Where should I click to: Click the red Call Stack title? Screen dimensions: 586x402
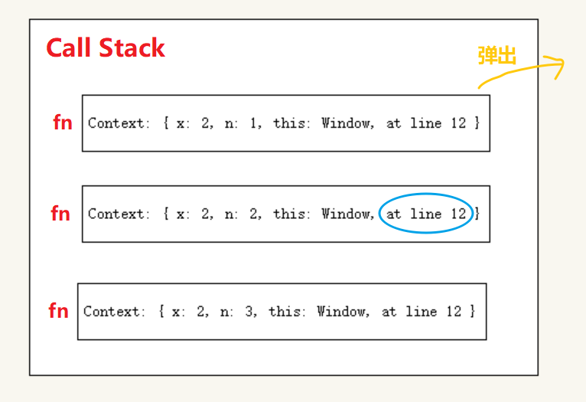[106, 48]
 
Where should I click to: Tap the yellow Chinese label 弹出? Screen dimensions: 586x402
[497, 55]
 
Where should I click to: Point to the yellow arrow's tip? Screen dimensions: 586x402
[563, 63]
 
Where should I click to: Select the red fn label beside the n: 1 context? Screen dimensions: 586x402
[63, 123]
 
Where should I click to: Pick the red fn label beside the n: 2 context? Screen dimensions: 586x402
[60, 214]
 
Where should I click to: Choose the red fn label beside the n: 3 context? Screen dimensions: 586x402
[59, 311]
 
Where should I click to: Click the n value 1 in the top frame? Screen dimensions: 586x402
[253, 123]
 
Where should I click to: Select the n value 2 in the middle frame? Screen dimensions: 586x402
[253, 214]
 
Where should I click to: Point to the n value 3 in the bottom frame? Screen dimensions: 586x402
[249, 312]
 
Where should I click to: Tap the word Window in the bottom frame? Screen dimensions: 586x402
[341, 312]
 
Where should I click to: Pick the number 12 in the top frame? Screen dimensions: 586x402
[458, 123]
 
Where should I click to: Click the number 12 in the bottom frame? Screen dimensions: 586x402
[454, 312]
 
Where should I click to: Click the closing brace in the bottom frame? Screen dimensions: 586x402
[472, 311]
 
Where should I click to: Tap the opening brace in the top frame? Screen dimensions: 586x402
[166, 123]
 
